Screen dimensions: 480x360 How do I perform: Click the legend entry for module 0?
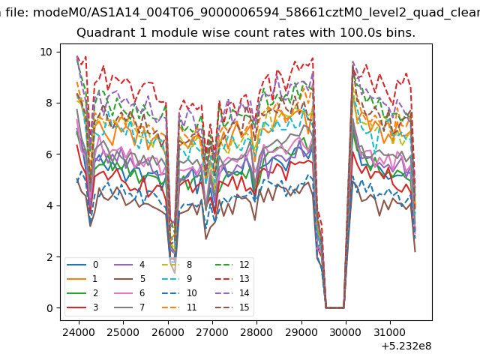pyautogui.click(x=82, y=265)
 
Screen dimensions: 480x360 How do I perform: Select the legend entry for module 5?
pyautogui.click(x=129, y=279)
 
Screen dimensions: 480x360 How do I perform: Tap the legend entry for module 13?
pyautogui.click(x=232, y=279)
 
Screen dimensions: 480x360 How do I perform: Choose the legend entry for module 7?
pyautogui.click(x=129, y=307)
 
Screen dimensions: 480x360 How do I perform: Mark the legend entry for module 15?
pyautogui.click(x=232, y=307)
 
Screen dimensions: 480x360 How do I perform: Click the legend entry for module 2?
pyautogui.click(x=82, y=293)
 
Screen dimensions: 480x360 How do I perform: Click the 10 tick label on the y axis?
pyautogui.click(x=46, y=52)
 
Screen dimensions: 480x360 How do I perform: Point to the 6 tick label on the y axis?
pyautogui.click(x=49, y=154)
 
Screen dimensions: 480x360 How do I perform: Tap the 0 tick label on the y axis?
pyautogui.click(x=49, y=308)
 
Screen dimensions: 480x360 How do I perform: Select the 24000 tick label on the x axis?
pyautogui.click(x=79, y=332)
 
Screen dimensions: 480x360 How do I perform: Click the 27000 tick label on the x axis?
pyautogui.click(x=212, y=332)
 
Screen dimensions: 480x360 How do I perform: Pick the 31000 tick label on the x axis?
pyautogui.click(x=390, y=332)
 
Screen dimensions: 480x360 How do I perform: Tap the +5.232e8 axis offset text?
pyautogui.click(x=406, y=346)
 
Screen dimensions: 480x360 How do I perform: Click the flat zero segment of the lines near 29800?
pyautogui.click(x=335, y=307)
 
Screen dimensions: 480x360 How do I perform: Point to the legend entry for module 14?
pyautogui.click(x=232, y=293)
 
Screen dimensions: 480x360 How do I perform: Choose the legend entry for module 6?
pyautogui.click(x=129, y=293)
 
